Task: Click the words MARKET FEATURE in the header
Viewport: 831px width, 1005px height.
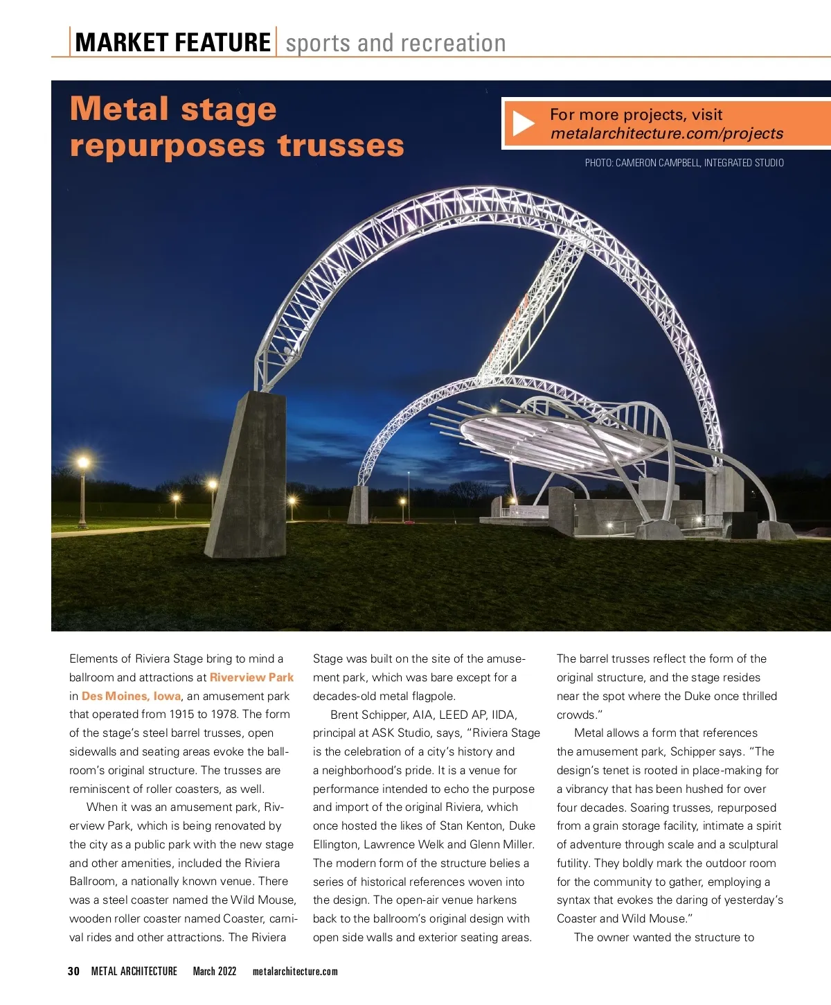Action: pos(172,43)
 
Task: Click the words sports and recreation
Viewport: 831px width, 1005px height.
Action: pos(395,43)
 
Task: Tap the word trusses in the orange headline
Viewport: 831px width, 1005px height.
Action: pos(340,146)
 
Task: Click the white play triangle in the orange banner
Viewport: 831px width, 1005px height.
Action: pos(523,124)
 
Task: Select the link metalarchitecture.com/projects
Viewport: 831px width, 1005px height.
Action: pos(666,134)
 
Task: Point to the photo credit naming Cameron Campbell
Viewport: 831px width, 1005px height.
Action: pos(683,163)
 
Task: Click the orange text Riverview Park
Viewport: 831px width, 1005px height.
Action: pos(251,677)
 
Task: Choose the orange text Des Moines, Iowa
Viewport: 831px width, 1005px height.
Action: pos(131,696)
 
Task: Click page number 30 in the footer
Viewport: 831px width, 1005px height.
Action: pos(73,971)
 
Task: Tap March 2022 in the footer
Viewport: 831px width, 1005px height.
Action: pos(214,971)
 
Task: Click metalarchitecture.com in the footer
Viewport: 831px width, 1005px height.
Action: pos(295,971)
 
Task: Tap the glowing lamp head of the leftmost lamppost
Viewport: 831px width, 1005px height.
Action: pos(83,462)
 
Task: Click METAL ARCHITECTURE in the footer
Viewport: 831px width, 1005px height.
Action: pos(134,971)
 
